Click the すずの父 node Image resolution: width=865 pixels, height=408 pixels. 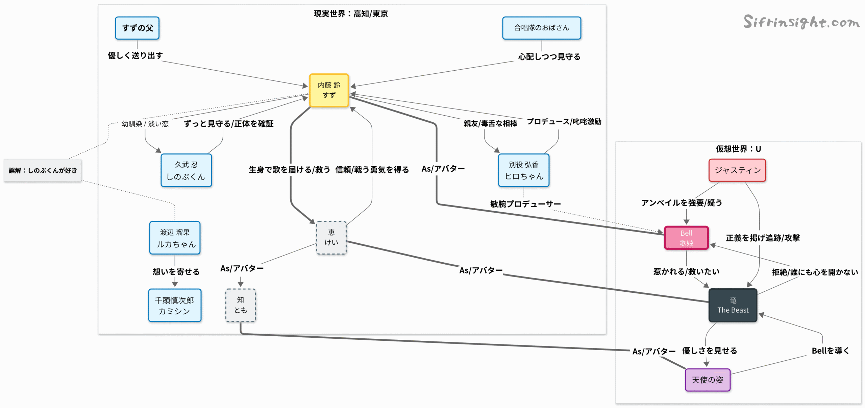click(137, 28)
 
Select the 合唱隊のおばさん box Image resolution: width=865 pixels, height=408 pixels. click(541, 28)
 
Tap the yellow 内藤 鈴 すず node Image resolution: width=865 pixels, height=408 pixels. click(329, 90)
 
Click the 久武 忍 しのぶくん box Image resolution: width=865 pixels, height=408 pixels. click(186, 170)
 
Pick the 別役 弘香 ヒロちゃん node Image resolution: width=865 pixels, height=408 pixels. click(523, 170)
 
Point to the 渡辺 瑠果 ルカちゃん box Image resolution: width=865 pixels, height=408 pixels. click(175, 238)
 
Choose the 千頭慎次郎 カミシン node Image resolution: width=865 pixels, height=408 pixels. click(175, 305)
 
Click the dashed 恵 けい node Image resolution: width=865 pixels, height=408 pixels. click(331, 238)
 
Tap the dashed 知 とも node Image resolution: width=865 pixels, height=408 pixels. click(241, 305)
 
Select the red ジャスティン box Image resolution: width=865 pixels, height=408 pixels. click(737, 170)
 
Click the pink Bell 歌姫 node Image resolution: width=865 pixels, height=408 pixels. click(686, 238)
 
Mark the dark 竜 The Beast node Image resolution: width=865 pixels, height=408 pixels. click(733, 305)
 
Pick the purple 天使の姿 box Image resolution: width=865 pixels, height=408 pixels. click(708, 380)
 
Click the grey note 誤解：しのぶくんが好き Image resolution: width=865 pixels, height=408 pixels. click(43, 170)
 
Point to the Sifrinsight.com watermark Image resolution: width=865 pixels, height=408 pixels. click(801, 22)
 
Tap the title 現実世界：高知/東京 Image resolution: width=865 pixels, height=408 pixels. click(351, 14)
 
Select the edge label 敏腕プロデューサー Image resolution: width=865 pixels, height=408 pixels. click(525, 204)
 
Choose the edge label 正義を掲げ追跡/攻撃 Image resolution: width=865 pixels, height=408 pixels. click(763, 238)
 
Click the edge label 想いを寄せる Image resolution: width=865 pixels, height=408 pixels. click(176, 272)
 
